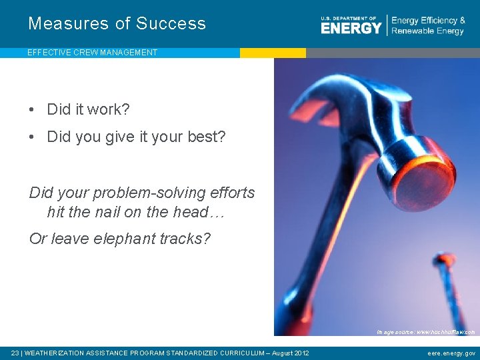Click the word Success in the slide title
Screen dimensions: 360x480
coord(171,23)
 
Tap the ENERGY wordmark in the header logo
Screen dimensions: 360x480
coord(351,27)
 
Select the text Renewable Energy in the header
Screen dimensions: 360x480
coord(427,31)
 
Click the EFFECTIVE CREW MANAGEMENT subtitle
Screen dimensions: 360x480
coord(92,53)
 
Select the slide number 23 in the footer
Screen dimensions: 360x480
coord(15,353)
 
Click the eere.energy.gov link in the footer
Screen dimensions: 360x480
coord(451,353)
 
